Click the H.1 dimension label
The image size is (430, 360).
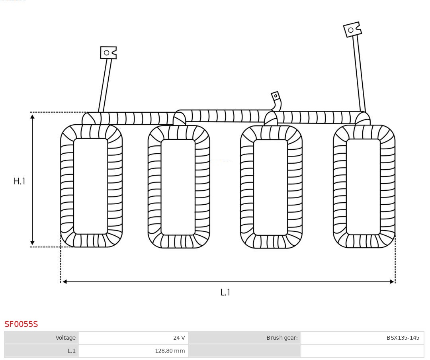[19, 181]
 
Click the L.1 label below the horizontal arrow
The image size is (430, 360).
[225, 292]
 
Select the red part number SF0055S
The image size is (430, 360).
[21, 324]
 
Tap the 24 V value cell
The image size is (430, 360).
[133, 338]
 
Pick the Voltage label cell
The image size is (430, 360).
[41, 338]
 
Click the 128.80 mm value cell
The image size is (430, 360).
[133, 351]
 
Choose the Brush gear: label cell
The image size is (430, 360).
[244, 338]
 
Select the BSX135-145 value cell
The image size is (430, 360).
[362, 338]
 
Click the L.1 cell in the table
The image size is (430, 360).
[41, 351]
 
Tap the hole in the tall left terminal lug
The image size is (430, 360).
[107, 53]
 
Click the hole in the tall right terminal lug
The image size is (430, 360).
[351, 30]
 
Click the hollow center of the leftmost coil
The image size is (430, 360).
[91, 186]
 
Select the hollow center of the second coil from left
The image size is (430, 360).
[178, 187]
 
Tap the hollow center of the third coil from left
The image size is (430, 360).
[271, 187]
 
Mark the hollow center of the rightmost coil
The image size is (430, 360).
[364, 187]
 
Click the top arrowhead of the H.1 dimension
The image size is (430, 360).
[32, 117]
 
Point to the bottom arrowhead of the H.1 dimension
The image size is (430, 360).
[32, 243]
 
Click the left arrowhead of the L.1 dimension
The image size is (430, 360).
[65, 282]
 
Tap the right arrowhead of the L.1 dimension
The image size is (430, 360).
[392, 282]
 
